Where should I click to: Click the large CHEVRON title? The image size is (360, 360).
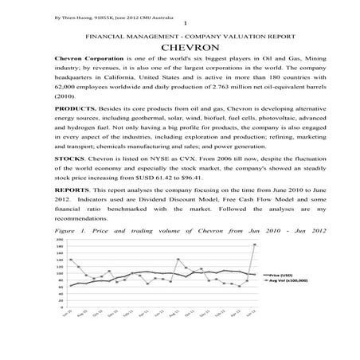click(179, 49)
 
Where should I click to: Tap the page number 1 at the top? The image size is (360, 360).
click(184, 23)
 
